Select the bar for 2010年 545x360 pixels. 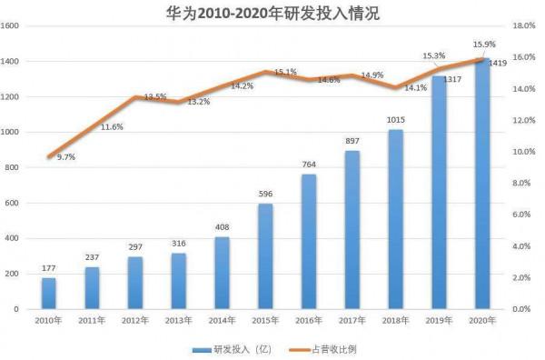coord(48,293)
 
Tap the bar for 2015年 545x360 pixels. coord(264,256)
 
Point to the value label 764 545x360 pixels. coord(309,165)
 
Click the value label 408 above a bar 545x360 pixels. coord(222,227)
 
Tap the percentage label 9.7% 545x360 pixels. coord(65,157)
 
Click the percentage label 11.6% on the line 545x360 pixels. coord(113,126)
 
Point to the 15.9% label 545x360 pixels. coord(484,44)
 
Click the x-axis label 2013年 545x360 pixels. coord(178,321)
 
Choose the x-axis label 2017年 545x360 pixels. coord(352,321)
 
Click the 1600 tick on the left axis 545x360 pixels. coord(11,25)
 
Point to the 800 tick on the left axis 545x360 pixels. coord(13,167)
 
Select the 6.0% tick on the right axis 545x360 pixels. coord(521,215)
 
